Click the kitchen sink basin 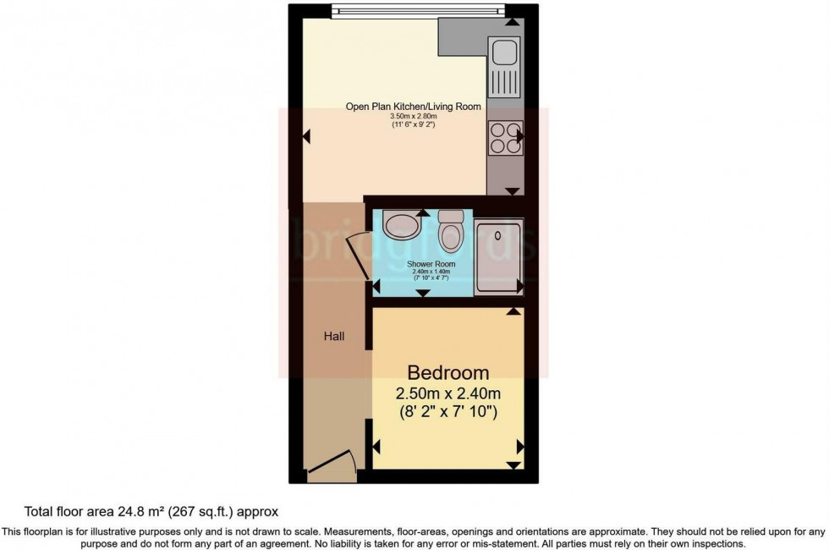point(506,53)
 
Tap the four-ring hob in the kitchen point(506,138)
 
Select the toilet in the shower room point(452,232)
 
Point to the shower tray point(499,256)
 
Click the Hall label point(334,336)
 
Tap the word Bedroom point(448,372)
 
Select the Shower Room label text point(431,264)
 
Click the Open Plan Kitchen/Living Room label point(413,107)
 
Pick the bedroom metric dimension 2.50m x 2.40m point(448,393)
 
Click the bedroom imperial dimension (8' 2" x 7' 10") point(448,413)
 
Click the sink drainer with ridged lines point(506,83)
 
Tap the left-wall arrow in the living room point(307,135)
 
